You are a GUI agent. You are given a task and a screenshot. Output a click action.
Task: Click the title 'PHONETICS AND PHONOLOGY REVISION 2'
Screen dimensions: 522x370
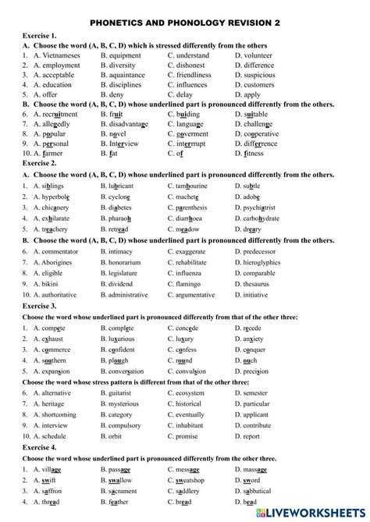pyautogui.click(x=184, y=23)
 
